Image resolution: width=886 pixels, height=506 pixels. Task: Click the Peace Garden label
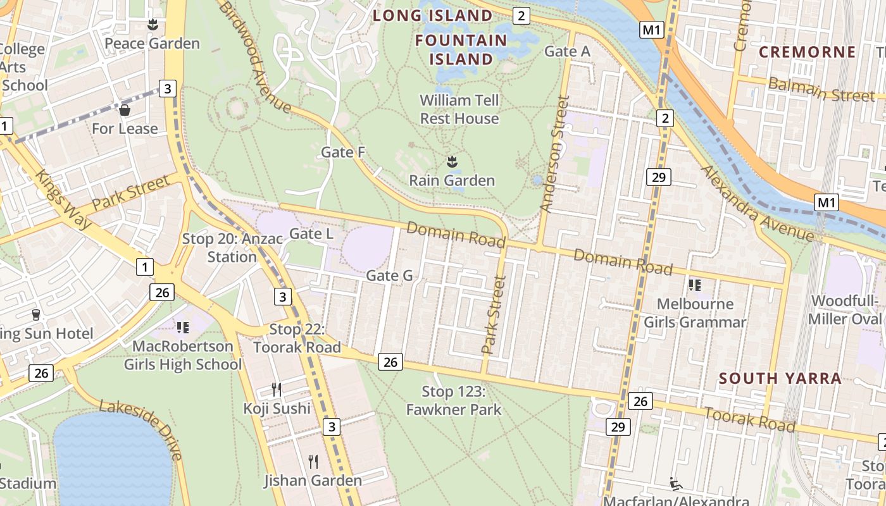pyautogui.click(x=152, y=44)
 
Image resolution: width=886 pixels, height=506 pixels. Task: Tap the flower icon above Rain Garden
pyautogui.click(x=452, y=162)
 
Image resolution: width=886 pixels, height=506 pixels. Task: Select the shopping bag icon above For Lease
pyautogui.click(x=125, y=111)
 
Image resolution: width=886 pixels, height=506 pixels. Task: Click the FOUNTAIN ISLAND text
pyautogui.click(x=461, y=50)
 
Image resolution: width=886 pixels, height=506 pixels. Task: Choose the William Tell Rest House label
pyautogui.click(x=459, y=109)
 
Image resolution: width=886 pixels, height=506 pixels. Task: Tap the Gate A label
pyautogui.click(x=567, y=52)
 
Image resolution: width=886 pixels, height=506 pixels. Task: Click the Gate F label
pyautogui.click(x=343, y=152)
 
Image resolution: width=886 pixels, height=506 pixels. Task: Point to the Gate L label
pyautogui.click(x=311, y=234)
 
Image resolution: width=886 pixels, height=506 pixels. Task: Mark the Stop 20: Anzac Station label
pyautogui.click(x=220, y=248)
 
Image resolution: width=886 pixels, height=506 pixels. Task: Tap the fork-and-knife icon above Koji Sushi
pyautogui.click(x=276, y=389)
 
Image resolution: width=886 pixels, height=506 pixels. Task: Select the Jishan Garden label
pyautogui.click(x=313, y=481)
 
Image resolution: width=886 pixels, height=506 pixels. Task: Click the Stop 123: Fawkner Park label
pyautogui.click(x=454, y=400)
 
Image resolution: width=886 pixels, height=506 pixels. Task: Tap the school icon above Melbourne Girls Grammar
pyautogui.click(x=695, y=285)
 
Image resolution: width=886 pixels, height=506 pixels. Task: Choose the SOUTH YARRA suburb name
pyautogui.click(x=780, y=379)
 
